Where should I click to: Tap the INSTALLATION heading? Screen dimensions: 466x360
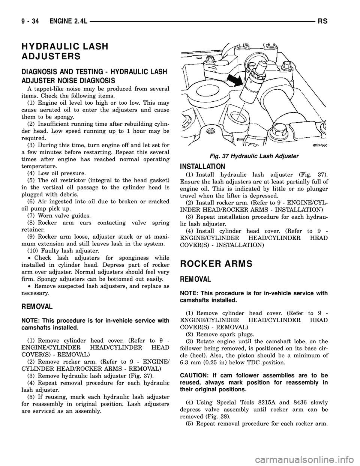point(202,166)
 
